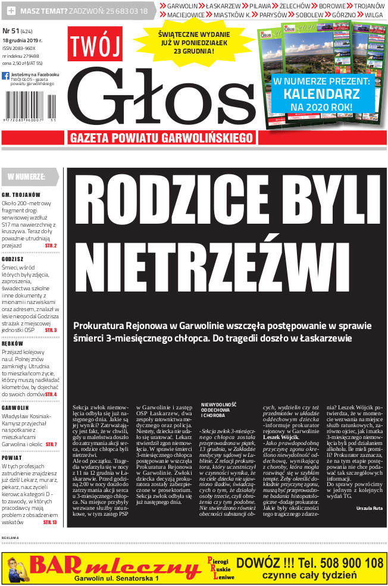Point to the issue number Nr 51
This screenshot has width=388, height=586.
point(11,30)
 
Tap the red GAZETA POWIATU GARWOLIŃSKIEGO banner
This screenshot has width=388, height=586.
point(161,137)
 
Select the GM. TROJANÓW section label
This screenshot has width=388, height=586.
point(21,195)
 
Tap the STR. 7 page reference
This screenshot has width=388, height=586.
point(51,444)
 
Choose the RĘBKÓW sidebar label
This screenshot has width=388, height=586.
point(12,344)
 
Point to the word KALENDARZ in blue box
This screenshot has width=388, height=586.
point(321,93)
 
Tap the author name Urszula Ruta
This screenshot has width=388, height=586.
point(370,509)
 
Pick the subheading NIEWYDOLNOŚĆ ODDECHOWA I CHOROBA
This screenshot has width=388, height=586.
point(220,410)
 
